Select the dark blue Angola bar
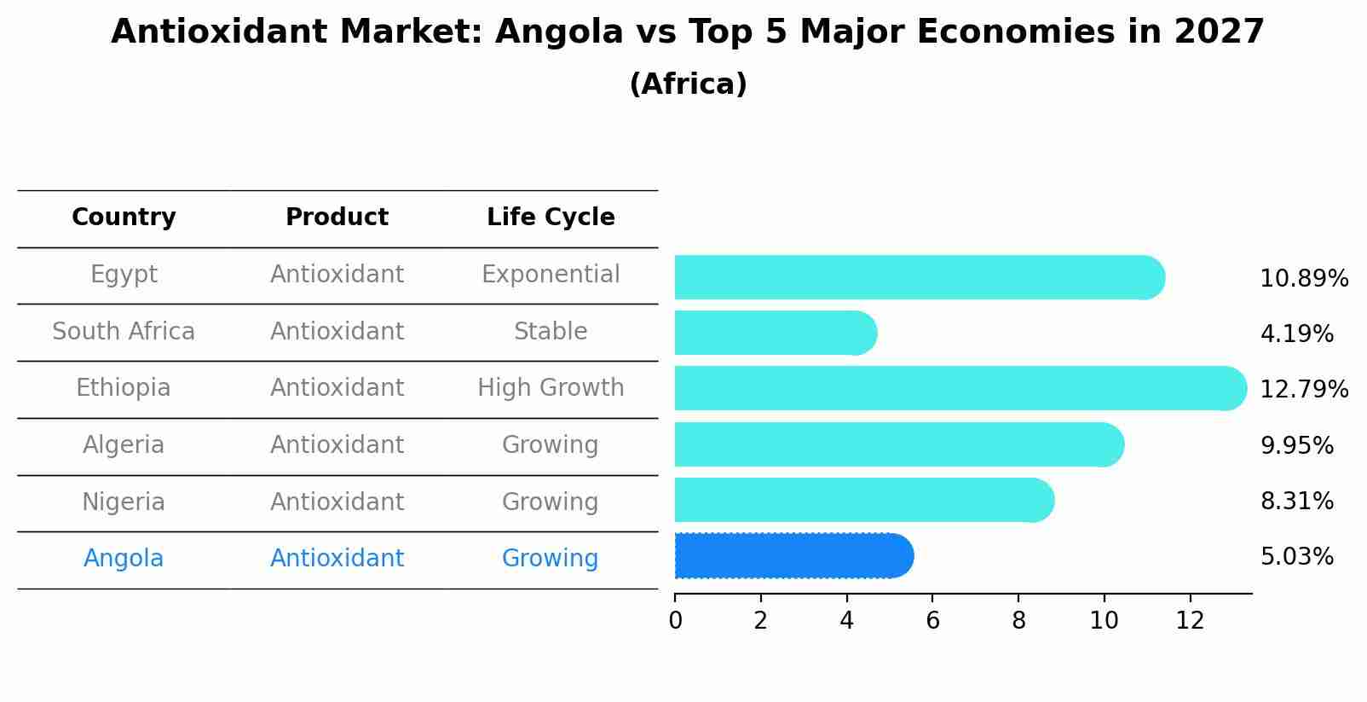(793, 556)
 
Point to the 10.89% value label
(1303, 279)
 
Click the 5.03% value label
(1296, 557)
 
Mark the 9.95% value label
(1296, 446)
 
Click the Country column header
(124, 218)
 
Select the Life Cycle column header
(551, 218)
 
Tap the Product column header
(337, 218)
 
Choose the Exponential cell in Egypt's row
(551, 275)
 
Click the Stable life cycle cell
(551, 332)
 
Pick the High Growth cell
(551, 388)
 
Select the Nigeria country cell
(124, 502)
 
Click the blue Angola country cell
(124, 559)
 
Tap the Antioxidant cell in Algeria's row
(337, 445)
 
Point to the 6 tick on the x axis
(932, 621)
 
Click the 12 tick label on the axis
(1190, 621)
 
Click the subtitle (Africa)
(688, 84)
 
